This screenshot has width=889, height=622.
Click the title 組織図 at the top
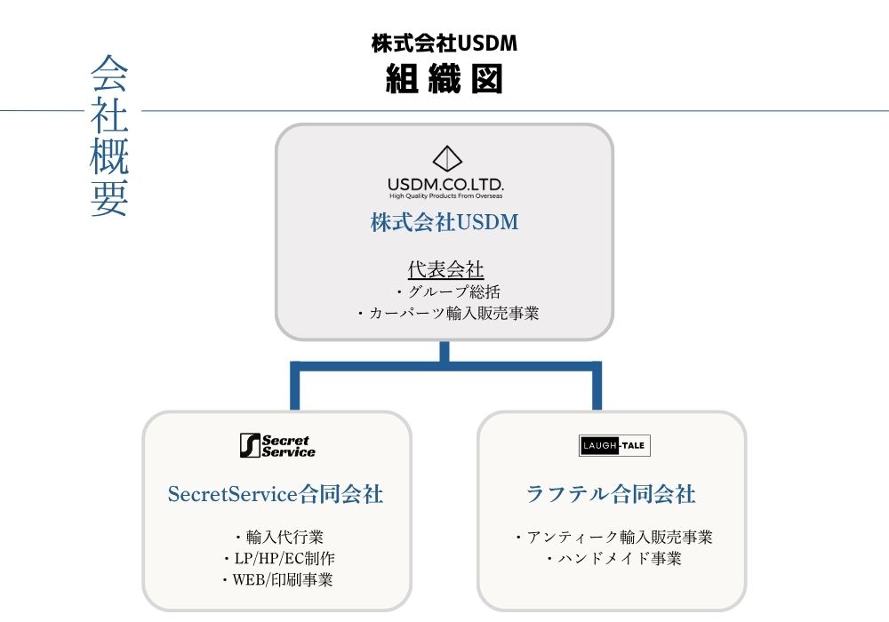tap(444, 80)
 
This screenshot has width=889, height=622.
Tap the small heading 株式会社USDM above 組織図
tap(444, 43)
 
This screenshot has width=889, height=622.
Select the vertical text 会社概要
tap(109, 137)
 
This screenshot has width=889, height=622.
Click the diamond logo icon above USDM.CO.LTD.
tap(447, 159)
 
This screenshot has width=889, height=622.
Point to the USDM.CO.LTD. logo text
tap(446, 183)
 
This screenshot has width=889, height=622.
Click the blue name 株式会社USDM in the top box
tap(444, 222)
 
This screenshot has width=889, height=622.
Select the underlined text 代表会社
tap(445, 269)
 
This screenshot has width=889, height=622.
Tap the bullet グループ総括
tap(448, 291)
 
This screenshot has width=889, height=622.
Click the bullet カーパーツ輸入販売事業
tap(448, 313)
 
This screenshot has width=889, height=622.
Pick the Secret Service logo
tap(277, 445)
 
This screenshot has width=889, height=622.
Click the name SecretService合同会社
tap(276, 494)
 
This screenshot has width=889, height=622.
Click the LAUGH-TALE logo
tap(614, 445)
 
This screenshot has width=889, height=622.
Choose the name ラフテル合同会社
tap(611, 494)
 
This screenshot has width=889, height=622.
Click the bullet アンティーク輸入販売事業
tap(614, 537)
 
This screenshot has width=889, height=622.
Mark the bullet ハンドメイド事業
tap(614, 559)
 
